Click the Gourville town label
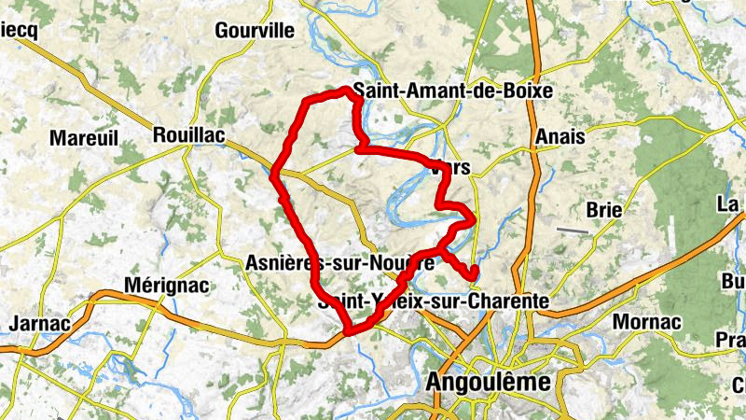pyautogui.click(x=254, y=30)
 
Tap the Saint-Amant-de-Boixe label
pyautogui.click(x=451, y=91)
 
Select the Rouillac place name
pyautogui.click(x=188, y=135)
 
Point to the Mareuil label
pyautogui.click(x=85, y=138)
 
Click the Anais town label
pyautogui.click(x=560, y=136)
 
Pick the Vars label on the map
pyautogui.click(x=450, y=169)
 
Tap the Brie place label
pyautogui.click(x=604, y=210)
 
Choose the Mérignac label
pyautogui.click(x=167, y=285)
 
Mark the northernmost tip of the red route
pyautogui.click(x=347, y=89)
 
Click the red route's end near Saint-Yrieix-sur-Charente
pyautogui.click(x=474, y=271)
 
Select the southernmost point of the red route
pyautogui.click(x=349, y=331)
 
